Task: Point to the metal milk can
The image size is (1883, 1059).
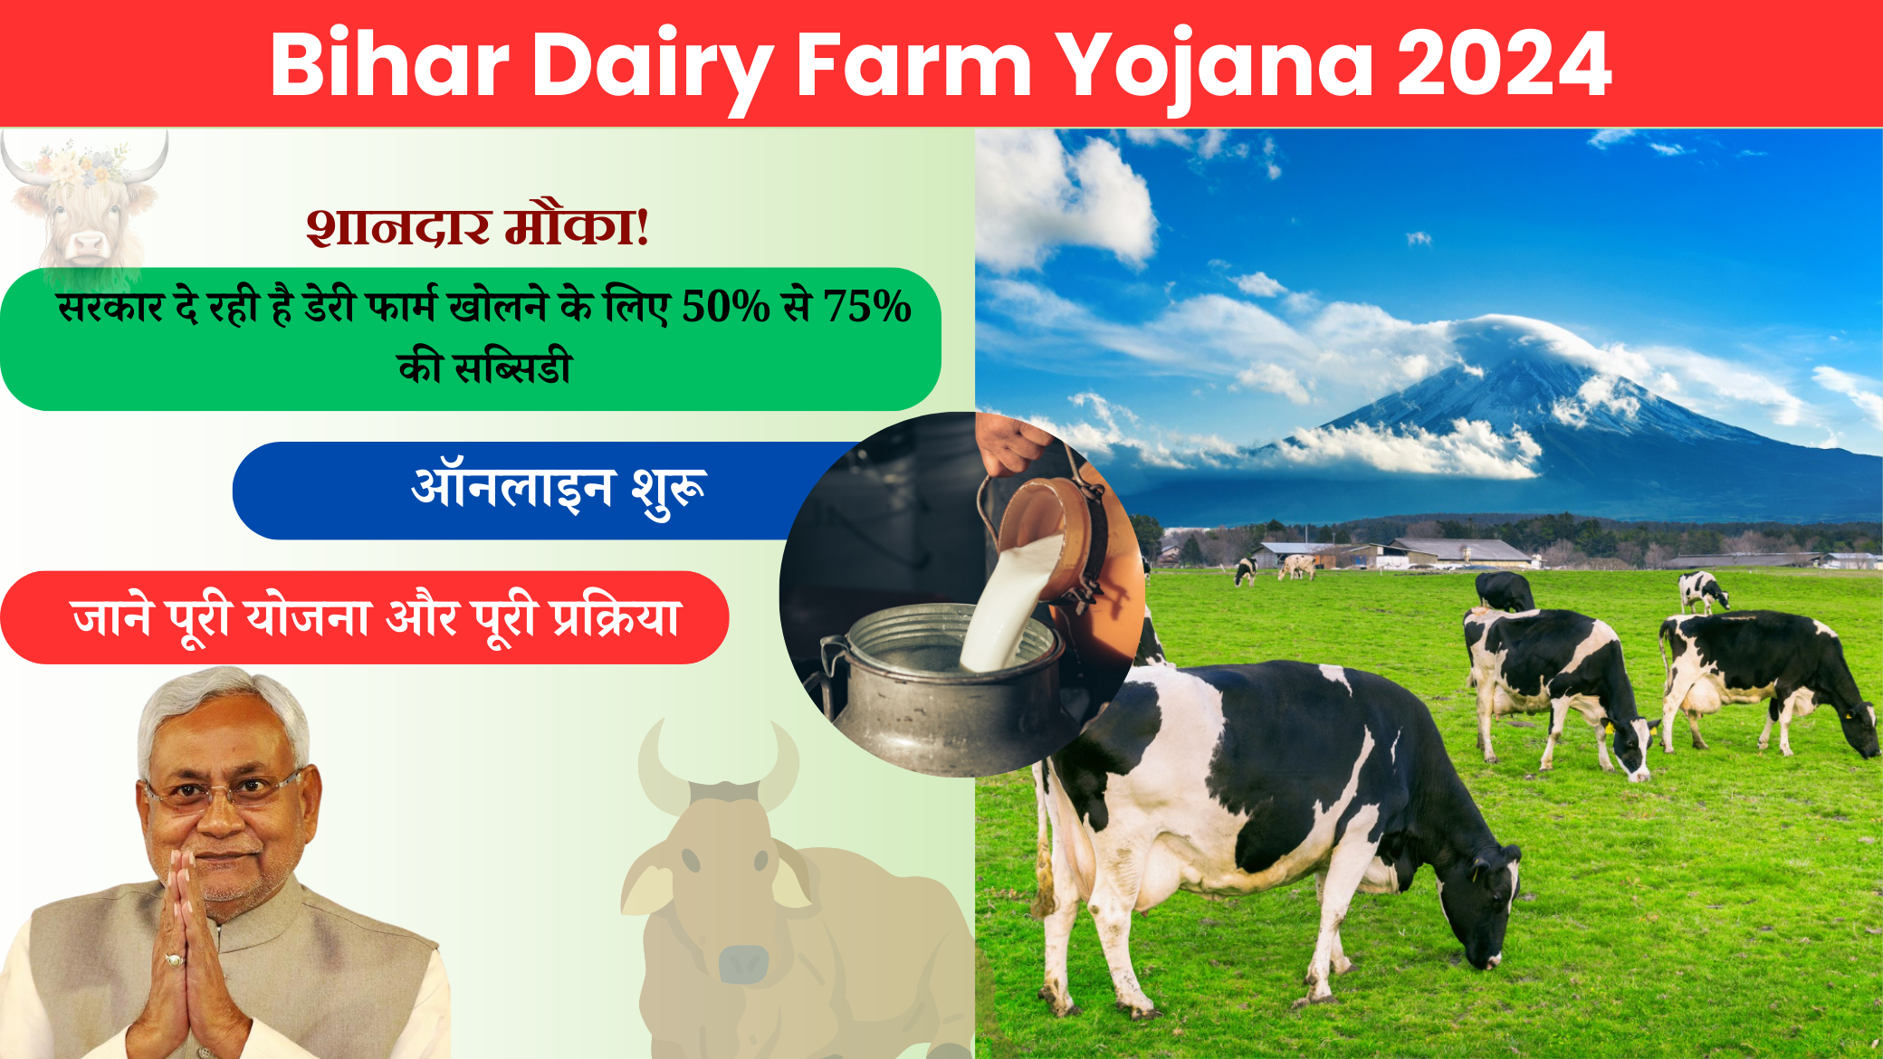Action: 941,688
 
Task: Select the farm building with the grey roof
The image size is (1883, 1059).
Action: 1458,550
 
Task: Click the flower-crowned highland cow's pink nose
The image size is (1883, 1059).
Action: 88,243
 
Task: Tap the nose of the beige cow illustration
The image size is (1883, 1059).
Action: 742,961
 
